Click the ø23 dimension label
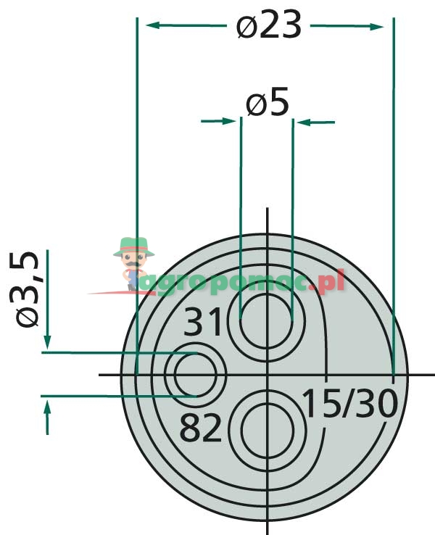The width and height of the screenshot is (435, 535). click(x=268, y=27)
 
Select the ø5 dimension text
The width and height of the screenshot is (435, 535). click(x=268, y=104)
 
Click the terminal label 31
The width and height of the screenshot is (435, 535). click(x=204, y=322)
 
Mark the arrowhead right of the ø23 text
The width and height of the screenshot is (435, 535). click(x=378, y=27)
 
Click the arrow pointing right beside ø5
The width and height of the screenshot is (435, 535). click(x=231, y=121)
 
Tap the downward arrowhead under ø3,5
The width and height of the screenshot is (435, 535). click(x=47, y=340)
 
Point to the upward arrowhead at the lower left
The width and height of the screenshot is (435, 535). click(x=47, y=410)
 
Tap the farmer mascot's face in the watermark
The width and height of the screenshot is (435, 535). click(x=133, y=259)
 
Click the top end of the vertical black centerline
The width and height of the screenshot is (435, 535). click(x=268, y=210)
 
